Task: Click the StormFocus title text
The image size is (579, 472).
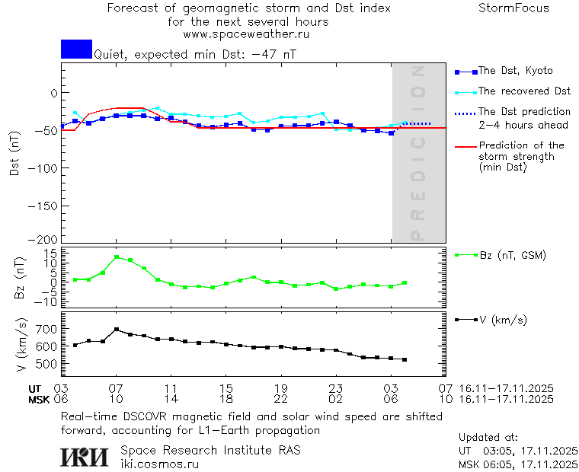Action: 513,8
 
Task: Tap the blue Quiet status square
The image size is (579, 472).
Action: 76,49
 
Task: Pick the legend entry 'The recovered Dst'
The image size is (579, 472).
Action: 524,91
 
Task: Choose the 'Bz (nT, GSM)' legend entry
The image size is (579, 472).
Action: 512,255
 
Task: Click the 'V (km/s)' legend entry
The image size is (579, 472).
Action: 502,320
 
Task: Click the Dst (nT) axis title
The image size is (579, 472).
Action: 14,156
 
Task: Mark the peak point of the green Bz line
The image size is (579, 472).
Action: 117,257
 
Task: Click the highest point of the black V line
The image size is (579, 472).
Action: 117,330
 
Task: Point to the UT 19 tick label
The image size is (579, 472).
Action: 280,388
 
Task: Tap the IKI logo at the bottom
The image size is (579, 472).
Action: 84,457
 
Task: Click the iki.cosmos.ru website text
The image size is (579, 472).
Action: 160,464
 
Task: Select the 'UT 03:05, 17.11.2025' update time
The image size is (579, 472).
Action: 518,451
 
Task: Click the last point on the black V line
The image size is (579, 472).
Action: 405,359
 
